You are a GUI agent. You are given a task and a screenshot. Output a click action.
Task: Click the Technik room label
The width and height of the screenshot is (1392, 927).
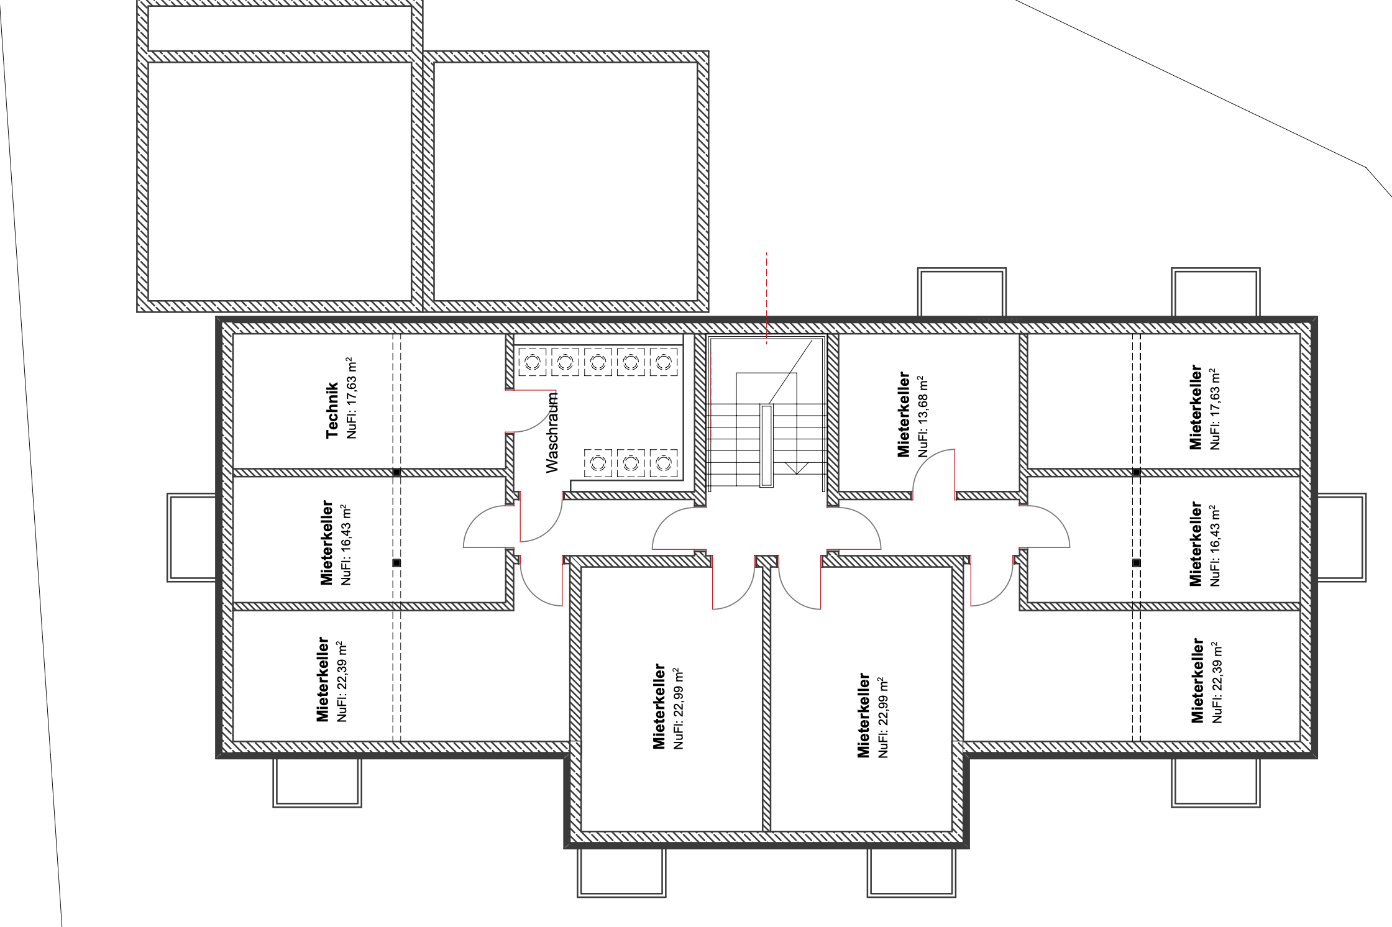point(332,410)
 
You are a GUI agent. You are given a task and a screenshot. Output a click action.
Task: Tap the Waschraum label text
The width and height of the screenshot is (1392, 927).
point(552,432)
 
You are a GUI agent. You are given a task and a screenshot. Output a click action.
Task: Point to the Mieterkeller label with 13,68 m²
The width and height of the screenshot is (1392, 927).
point(904,414)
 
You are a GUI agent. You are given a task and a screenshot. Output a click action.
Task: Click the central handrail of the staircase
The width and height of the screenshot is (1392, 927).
point(767,445)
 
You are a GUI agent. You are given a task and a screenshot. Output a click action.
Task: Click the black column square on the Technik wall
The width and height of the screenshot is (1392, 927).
point(396,472)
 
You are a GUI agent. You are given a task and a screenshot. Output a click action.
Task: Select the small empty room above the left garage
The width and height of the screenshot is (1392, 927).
point(280,29)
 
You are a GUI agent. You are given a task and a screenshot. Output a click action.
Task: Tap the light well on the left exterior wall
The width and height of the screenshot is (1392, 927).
point(191,537)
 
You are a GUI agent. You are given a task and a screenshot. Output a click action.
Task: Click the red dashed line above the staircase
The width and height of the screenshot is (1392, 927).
point(766,298)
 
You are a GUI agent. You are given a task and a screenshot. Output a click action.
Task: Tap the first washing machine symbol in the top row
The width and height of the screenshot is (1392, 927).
point(532,362)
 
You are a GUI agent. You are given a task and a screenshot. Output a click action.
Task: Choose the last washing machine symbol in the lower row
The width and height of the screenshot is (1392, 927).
point(664,463)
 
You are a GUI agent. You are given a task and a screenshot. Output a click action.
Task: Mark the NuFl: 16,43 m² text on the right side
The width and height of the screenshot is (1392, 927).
point(1215,546)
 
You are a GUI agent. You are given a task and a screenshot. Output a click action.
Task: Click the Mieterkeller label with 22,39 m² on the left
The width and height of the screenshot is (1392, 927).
point(323,678)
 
